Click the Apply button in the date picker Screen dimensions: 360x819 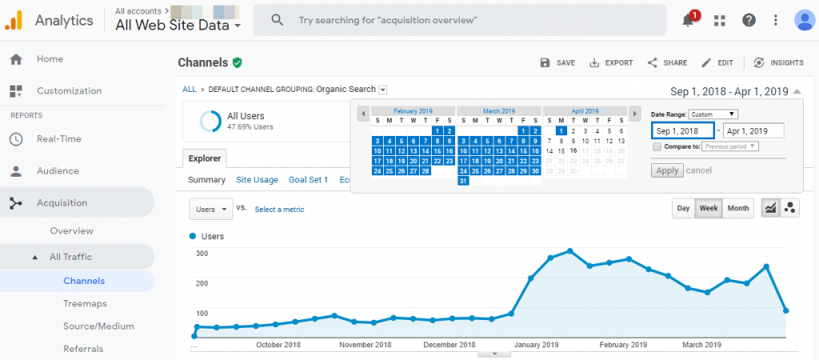pos(667,170)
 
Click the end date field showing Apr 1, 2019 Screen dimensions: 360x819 pos(753,131)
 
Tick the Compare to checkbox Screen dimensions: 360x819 pos(657,146)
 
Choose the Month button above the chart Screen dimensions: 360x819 pos(737,208)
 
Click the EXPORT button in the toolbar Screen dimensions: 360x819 pos(611,62)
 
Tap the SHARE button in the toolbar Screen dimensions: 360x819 pos(667,62)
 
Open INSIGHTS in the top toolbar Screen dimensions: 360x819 pos(778,62)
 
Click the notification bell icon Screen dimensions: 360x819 pos(688,21)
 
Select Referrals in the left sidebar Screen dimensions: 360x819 pos(83,349)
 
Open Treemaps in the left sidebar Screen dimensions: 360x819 pos(85,304)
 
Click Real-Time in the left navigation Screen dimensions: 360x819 pos(59,139)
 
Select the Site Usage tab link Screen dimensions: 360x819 pos(257,180)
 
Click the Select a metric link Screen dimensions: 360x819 pos(279,210)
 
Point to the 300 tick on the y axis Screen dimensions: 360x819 pos(202,254)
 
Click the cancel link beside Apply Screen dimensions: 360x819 pos(699,170)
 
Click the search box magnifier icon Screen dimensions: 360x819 pos(278,20)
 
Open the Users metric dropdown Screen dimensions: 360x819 pos(211,210)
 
